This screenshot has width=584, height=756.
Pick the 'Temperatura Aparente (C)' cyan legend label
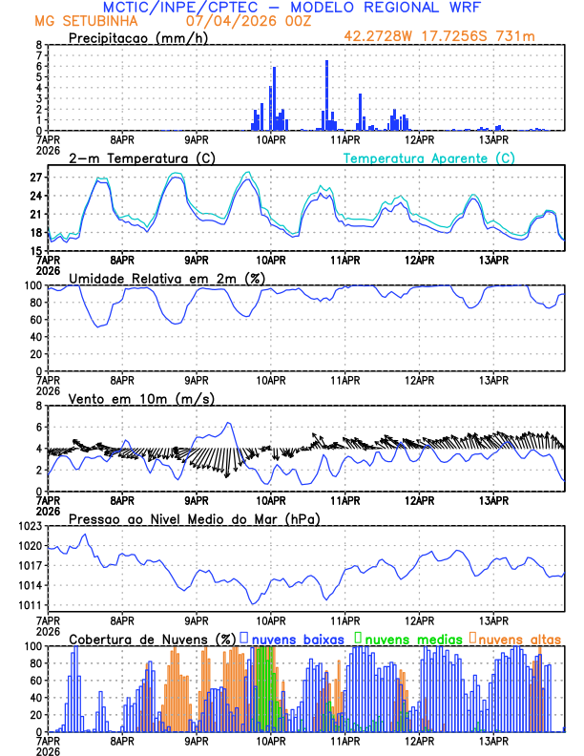[x=429, y=157]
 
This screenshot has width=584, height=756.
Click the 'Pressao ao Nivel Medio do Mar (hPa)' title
[x=194, y=518]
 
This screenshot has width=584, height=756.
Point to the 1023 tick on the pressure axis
[x=31, y=526]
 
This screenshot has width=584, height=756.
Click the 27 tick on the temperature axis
[x=37, y=178]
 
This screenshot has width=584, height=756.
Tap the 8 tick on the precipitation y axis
[x=39, y=45]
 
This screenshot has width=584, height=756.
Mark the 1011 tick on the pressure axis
[x=31, y=605]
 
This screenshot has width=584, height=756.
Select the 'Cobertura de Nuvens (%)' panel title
[x=152, y=638]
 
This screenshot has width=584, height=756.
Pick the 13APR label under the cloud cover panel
[x=493, y=741]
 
